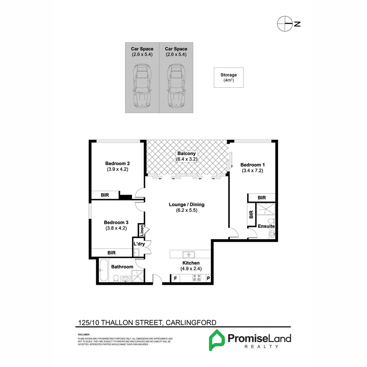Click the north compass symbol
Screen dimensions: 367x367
[x=285, y=23]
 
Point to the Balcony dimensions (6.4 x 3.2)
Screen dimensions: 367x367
[x=187, y=159]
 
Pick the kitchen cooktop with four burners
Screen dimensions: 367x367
[x=196, y=278]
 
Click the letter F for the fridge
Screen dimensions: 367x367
[x=175, y=279]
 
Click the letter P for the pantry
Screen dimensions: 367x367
[x=208, y=279]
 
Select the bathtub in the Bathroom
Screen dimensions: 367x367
[x=104, y=271]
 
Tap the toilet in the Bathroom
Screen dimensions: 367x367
[x=116, y=278]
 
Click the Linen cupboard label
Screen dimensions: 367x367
[x=141, y=231]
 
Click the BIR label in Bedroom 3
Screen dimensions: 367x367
[x=111, y=253]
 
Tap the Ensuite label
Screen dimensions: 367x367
[x=266, y=226]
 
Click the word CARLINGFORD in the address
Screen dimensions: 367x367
[x=190, y=322]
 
